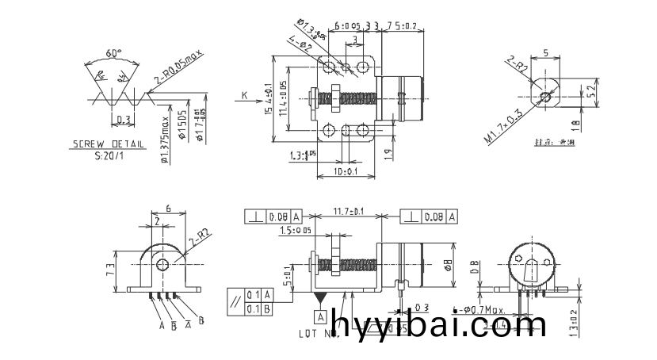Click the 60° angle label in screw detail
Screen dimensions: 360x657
(x=114, y=53)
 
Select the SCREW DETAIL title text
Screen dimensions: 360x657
(x=108, y=144)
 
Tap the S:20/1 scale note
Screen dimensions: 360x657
(x=108, y=155)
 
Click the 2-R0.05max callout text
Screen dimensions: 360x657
(x=179, y=68)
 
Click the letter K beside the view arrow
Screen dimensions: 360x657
(x=244, y=95)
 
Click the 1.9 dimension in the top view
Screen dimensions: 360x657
(x=388, y=154)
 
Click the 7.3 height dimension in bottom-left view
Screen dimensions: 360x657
(x=109, y=269)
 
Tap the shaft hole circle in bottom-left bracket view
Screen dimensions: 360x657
(x=163, y=265)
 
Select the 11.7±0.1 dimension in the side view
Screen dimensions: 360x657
(x=348, y=212)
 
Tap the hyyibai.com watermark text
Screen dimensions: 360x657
(x=439, y=325)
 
